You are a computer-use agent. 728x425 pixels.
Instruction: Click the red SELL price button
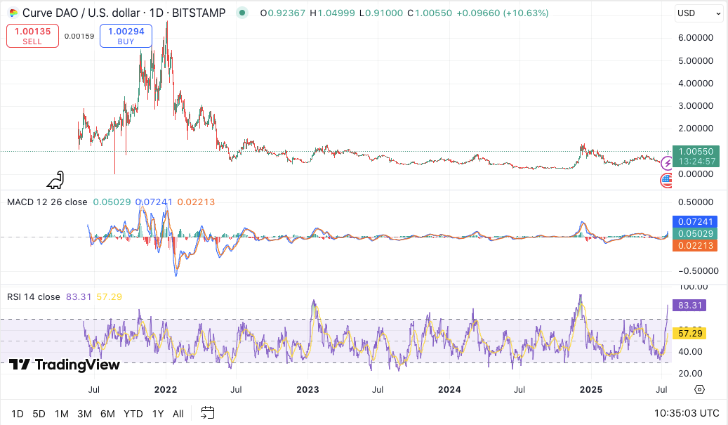pos(32,36)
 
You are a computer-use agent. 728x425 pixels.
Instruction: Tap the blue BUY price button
pos(126,36)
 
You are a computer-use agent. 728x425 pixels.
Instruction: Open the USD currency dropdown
pos(698,13)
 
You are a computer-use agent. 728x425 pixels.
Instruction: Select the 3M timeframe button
pos(85,414)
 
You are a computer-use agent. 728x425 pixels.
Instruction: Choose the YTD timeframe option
pos(133,414)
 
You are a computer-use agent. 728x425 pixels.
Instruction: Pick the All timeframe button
pos(178,414)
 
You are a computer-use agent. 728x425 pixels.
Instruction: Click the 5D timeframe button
pos(39,414)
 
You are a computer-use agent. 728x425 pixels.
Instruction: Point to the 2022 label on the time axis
pos(166,389)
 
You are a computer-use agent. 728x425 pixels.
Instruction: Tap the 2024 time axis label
pos(449,389)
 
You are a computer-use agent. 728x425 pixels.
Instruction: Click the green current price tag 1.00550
pos(696,151)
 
